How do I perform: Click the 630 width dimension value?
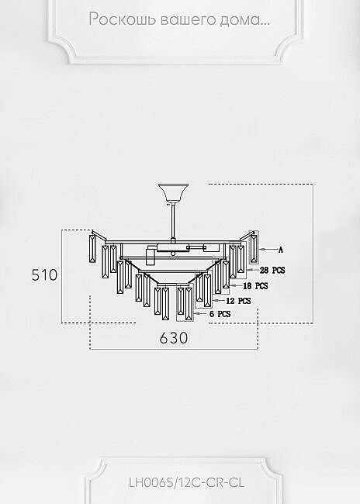(173, 338)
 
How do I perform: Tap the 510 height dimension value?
(44, 274)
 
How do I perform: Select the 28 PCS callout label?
(272, 270)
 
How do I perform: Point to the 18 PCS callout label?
(255, 286)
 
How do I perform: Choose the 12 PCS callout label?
(238, 301)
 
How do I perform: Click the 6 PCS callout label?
(220, 314)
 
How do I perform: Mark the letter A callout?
(281, 250)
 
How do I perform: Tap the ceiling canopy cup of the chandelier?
(173, 194)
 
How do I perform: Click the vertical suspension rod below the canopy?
(173, 222)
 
